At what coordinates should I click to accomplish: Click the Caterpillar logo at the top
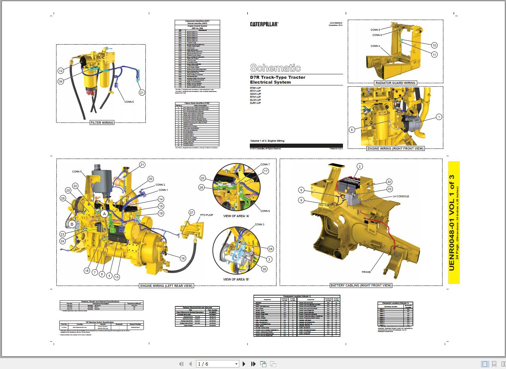[x=264, y=24]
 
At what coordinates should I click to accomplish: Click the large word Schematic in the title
[x=275, y=68]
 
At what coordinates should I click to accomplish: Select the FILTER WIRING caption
[x=102, y=123]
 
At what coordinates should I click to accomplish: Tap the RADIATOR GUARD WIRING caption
[x=395, y=83]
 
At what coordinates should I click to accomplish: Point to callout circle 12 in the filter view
[x=61, y=70]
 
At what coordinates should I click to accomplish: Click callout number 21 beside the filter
[x=142, y=93]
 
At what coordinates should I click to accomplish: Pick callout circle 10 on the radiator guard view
[x=434, y=45]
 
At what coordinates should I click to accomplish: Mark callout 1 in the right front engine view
[x=439, y=117]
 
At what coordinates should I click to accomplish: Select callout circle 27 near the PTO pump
[x=192, y=213]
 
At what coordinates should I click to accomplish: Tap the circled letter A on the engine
[x=104, y=213]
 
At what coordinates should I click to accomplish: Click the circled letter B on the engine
[x=72, y=224]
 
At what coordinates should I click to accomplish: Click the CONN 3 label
[x=260, y=225]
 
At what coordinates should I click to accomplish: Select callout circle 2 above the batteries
[x=360, y=166]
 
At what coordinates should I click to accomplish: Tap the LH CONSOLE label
[x=401, y=196]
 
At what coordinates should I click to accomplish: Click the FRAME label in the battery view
[x=366, y=272]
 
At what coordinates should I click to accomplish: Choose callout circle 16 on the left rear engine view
[x=183, y=258]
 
